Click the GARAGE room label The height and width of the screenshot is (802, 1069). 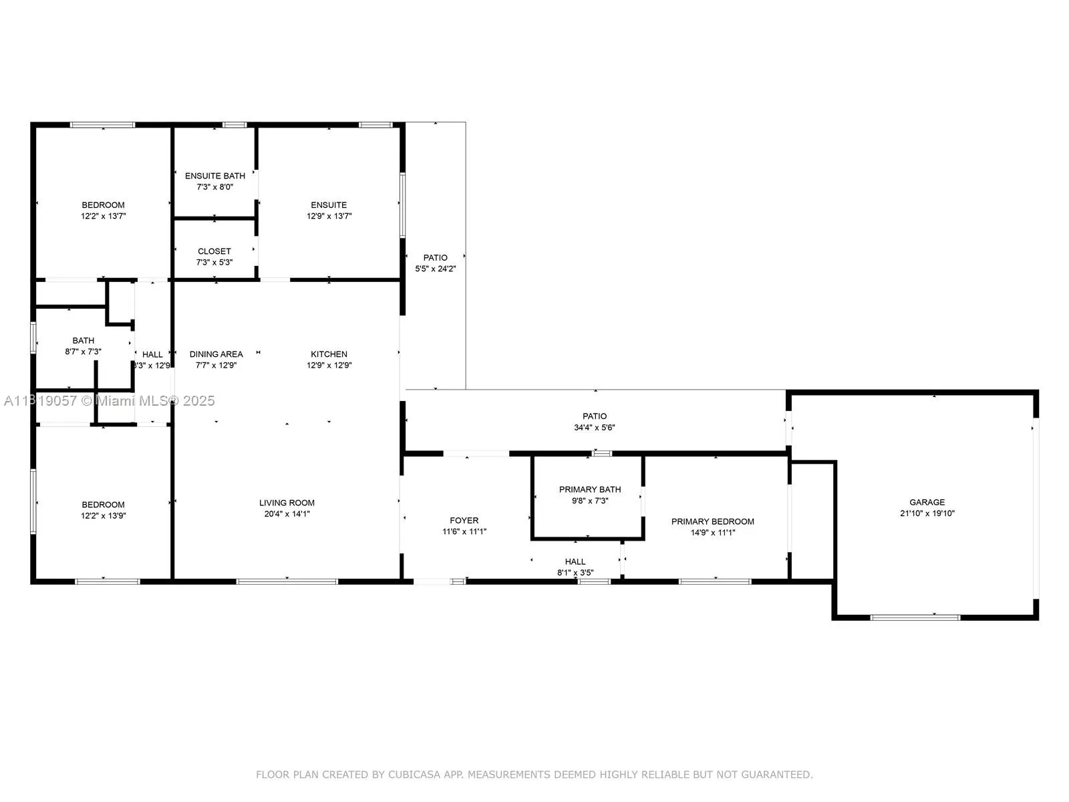(927, 502)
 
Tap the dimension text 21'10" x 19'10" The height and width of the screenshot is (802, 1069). (927, 513)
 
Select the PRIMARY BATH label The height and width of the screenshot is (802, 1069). (590, 489)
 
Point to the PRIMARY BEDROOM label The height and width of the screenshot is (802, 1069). (712, 521)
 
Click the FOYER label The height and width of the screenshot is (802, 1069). (464, 520)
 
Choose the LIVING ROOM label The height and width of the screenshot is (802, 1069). (287, 503)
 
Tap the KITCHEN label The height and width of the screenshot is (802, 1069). (329, 354)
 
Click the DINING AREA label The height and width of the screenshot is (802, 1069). (216, 354)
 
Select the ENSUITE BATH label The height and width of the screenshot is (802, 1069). (214, 176)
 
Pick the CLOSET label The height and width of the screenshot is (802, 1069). (214, 251)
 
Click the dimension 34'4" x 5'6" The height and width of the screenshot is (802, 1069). (594, 427)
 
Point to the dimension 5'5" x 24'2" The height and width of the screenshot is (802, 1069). (435, 269)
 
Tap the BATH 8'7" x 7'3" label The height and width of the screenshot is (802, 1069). (83, 341)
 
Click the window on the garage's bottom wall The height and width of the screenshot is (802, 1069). (915, 617)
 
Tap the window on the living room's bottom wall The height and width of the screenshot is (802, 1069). (287, 581)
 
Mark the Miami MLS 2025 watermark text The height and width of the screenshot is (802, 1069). (155, 400)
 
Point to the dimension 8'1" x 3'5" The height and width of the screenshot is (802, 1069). (575, 573)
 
